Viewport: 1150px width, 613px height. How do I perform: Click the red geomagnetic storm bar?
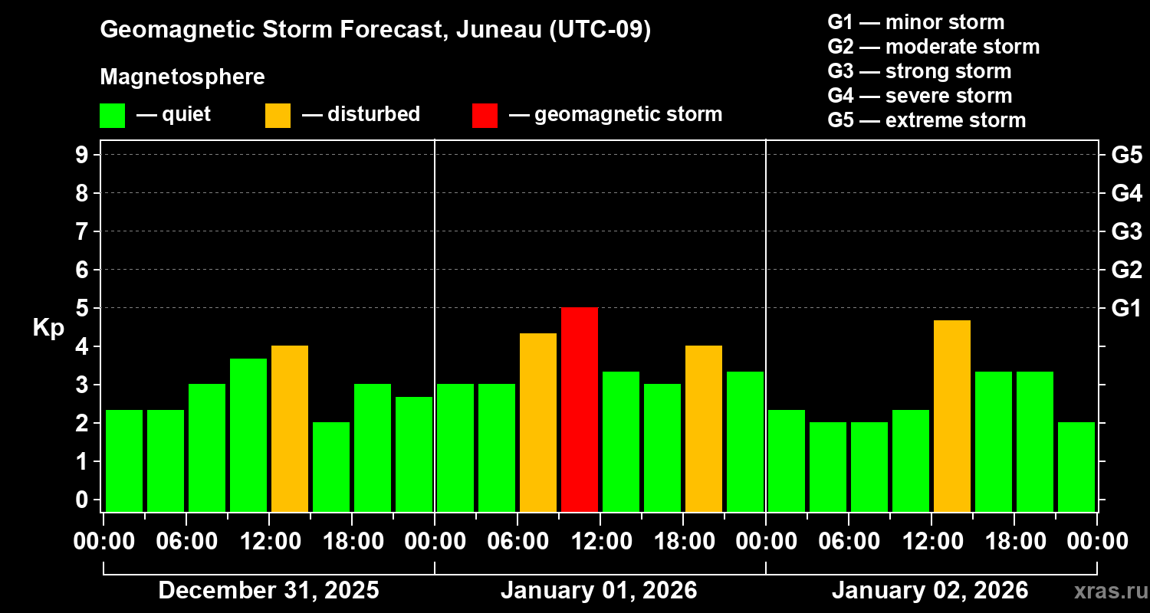(x=580, y=409)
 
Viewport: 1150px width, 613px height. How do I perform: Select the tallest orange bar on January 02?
(x=952, y=415)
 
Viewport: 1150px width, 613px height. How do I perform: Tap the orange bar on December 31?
(x=290, y=428)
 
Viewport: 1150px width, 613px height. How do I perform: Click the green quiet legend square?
(x=112, y=116)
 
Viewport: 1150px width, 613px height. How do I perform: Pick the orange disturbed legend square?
(x=278, y=116)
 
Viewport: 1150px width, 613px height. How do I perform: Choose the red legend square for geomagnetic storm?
(x=485, y=116)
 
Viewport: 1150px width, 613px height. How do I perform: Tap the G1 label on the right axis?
(x=1126, y=309)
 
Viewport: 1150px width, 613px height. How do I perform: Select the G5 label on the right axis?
(x=1126, y=156)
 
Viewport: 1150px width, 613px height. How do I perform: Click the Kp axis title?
(x=48, y=327)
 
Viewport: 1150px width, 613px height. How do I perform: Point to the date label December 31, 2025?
(x=268, y=591)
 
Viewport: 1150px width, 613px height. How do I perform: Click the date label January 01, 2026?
(x=599, y=591)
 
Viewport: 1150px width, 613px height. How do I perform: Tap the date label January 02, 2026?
(x=929, y=591)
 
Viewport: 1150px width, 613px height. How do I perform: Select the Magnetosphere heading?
(x=182, y=77)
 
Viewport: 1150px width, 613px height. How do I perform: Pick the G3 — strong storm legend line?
(x=919, y=71)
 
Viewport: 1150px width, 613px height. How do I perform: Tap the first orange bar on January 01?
(x=538, y=422)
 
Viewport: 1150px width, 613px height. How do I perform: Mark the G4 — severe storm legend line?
(x=919, y=96)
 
